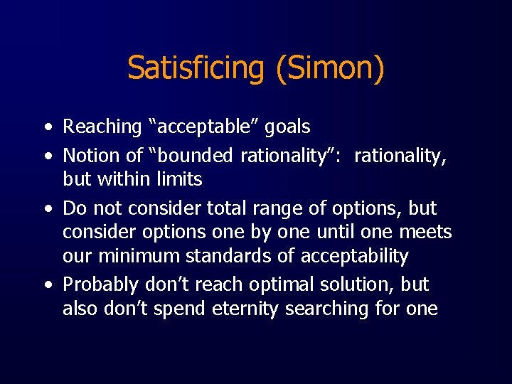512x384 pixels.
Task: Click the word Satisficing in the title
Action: [194, 68]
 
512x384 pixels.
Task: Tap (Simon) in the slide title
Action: [326, 68]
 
